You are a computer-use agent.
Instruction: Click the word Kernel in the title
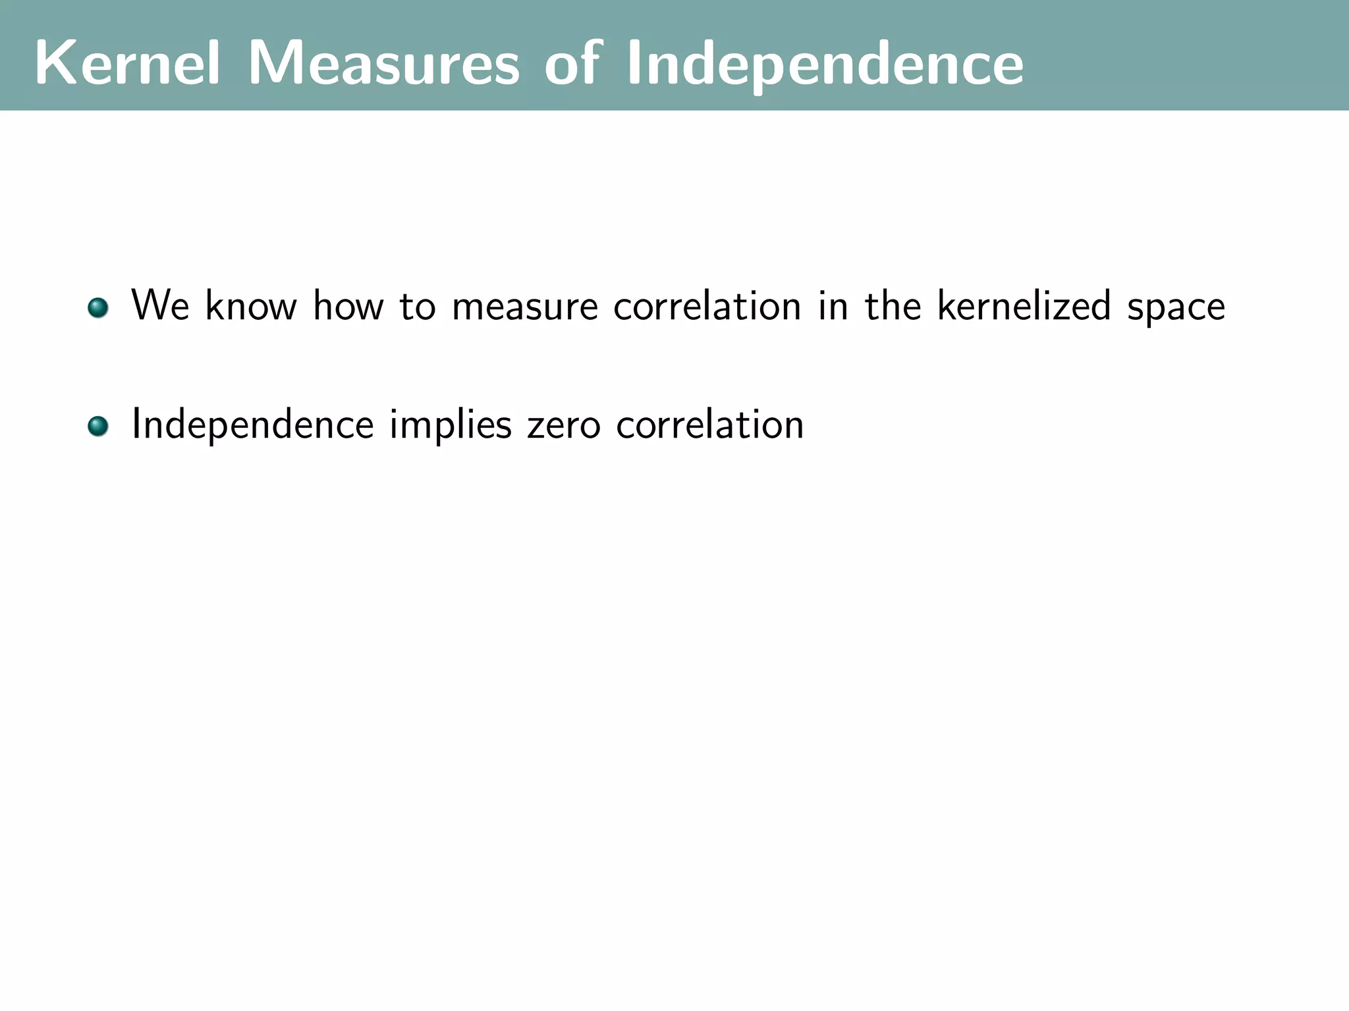(127, 63)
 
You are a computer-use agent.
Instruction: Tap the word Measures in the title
(383, 63)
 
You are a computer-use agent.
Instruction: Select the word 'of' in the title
(572, 63)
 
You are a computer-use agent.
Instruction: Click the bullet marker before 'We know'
(98, 307)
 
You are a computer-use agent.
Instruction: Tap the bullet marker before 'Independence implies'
(98, 426)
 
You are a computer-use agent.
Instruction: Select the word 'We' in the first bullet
(160, 305)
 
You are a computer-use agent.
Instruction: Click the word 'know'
(250, 305)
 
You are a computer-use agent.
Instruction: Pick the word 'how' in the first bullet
(348, 305)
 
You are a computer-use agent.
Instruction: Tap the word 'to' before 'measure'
(418, 307)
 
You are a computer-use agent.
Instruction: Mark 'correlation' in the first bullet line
(707, 305)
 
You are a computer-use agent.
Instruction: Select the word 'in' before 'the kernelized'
(833, 305)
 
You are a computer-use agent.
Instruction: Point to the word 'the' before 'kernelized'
(893, 305)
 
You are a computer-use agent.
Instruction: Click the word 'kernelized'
(1024, 305)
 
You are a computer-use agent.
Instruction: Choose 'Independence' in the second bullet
(253, 425)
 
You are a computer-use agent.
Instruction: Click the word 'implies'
(451, 425)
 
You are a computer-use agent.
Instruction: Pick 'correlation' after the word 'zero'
(710, 424)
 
